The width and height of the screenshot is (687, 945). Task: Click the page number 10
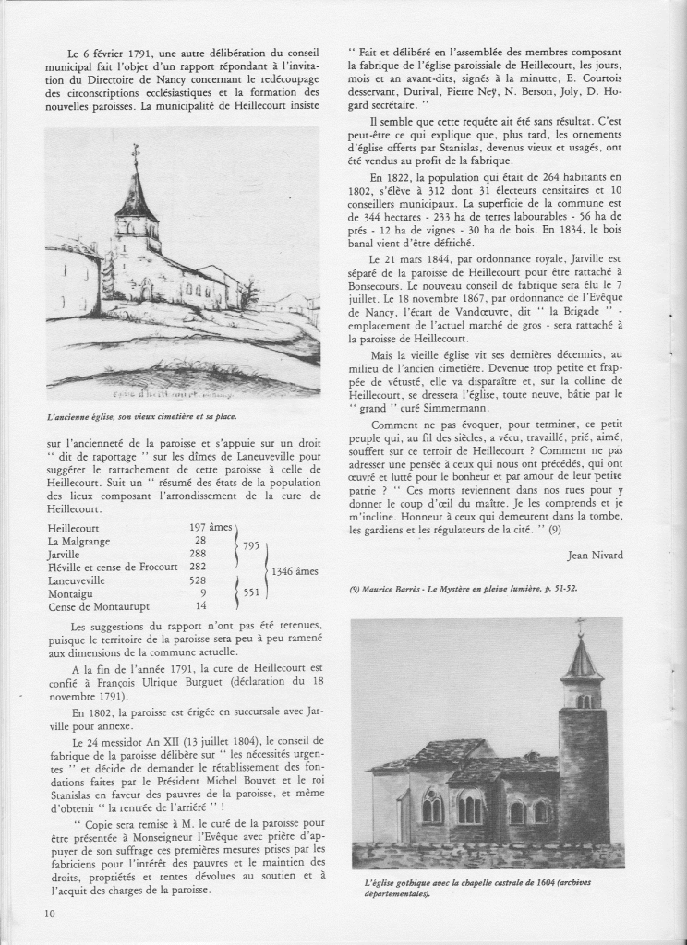click(x=47, y=914)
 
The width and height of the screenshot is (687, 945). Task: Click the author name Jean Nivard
click(x=593, y=555)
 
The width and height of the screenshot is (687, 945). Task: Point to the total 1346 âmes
click(x=295, y=571)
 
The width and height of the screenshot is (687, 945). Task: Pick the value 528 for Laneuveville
click(x=198, y=580)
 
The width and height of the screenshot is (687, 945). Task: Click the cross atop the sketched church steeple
click(x=135, y=149)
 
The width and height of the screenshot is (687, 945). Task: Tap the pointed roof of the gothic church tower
click(x=581, y=659)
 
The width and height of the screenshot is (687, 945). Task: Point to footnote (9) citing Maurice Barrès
click(x=464, y=588)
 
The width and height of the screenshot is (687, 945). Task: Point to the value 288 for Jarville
click(x=198, y=554)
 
